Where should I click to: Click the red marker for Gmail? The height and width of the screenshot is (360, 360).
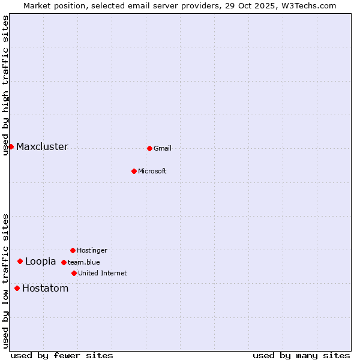tap(149, 148)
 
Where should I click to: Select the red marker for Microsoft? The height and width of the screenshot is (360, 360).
tap(134, 171)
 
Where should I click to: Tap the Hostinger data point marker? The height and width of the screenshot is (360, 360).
tap(73, 250)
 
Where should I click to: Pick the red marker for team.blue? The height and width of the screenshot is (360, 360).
tap(64, 262)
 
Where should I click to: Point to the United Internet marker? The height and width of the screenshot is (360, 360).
tap(74, 273)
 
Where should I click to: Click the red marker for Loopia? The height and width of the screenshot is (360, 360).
tap(20, 261)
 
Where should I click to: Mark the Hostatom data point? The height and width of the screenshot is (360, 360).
tap(17, 288)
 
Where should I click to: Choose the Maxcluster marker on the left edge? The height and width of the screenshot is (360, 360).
tap(11, 146)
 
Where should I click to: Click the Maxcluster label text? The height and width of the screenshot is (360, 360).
tap(42, 147)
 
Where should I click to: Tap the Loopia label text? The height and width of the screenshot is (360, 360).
tap(40, 262)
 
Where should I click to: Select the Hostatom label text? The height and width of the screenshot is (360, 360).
tap(45, 289)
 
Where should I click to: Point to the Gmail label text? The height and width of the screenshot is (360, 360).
tap(163, 149)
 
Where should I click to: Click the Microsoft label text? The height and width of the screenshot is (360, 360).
tap(152, 172)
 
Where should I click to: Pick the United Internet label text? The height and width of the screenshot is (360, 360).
tap(102, 274)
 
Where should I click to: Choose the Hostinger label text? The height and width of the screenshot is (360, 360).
tap(92, 251)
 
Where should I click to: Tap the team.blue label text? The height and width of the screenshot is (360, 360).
tap(83, 262)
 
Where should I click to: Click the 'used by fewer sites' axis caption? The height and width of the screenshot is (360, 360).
tap(62, 355)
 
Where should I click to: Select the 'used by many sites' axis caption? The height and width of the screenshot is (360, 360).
tap(301, 355)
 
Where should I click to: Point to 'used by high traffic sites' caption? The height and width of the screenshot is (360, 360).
tap(5, 85)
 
